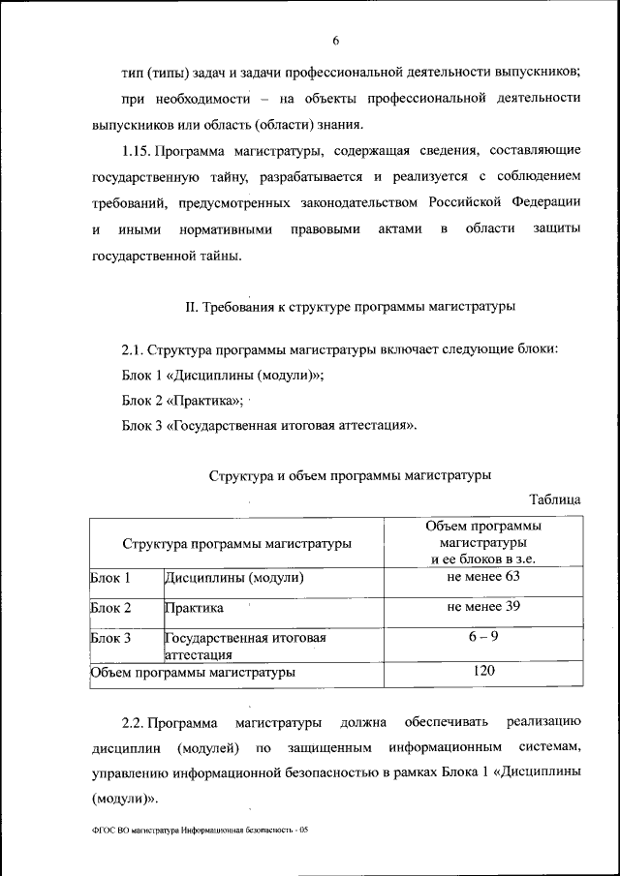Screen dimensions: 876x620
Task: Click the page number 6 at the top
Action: pyautogui.click(x=335, y=41)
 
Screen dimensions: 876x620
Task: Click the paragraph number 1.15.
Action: pyautogui.click(x=136, y=151)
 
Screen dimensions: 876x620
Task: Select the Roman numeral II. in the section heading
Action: pyautogui.click(x=192, y=308)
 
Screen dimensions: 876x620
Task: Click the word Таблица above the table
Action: pyautogui.click(x=554, y=499)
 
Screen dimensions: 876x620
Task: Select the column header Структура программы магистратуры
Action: pyautogui.click(x=237, y=544)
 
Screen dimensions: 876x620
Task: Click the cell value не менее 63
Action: pyautogui.click(x=483, y=577)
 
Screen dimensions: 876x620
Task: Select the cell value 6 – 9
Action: pyautogui.click(x=483, y=637)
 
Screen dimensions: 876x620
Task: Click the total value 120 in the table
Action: pyautogui.click(x=483, y=670)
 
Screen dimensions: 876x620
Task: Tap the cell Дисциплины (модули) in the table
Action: pyautogui.click(x=234, y=579)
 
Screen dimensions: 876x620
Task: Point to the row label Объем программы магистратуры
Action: pyautogui.click(x=193, y=671)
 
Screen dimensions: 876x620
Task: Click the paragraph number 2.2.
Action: pyautogui.click(x=134, y=723)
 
